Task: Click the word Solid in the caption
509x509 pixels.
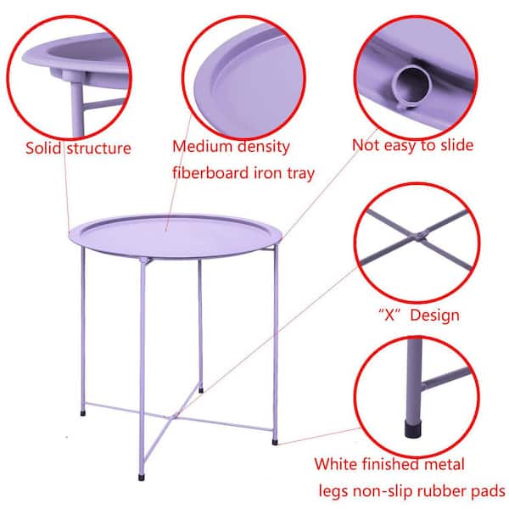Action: tap(43, 148)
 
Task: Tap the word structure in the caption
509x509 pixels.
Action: tap(99, 148)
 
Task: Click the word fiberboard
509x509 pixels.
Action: tap(210, 173)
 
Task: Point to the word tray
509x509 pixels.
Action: tap(300, 174)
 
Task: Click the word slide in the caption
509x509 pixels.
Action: tap(456, 145)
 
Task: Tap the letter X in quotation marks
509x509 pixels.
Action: tap(389, 316)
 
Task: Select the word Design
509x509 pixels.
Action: tap(434, 316)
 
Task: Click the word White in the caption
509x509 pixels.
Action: tap(336, 464)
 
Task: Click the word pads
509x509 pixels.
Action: tap(489, 491)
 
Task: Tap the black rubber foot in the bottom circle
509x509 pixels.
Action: tap(413, 428)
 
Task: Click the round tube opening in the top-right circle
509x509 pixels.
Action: tap(411, 83)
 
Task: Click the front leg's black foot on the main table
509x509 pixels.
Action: tap(141, 478)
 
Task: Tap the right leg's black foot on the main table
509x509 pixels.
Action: tap(275, 442)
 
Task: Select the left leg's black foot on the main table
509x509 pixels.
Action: tap(83, 413)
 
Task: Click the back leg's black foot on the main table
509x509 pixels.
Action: tap(201, 390)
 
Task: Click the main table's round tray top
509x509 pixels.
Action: tap(176, 236)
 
